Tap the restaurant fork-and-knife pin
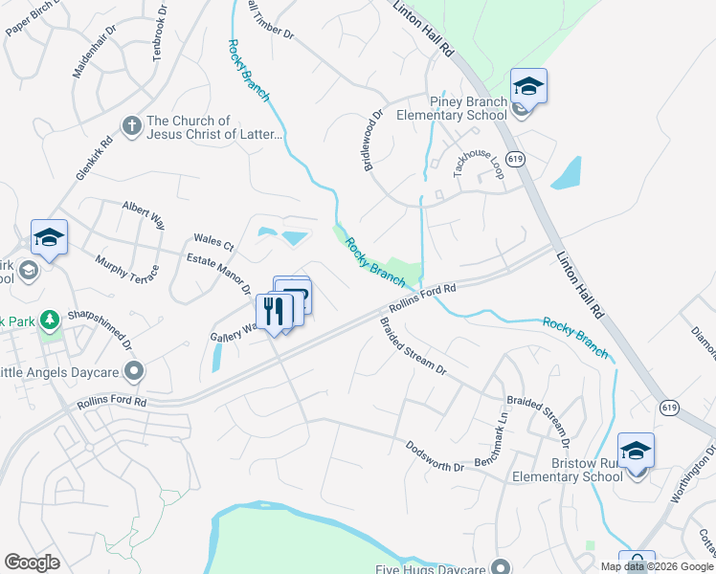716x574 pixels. [x=274, y=311]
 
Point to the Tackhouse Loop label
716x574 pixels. [x=478, y=163]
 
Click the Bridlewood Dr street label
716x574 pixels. [x=371, y=140]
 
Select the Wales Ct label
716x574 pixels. [x=213, y=240]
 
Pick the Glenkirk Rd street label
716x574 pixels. [x=95, y=158]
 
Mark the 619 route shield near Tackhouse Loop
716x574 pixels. [x=515, y=160]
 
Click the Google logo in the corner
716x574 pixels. [x=33, y=562]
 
